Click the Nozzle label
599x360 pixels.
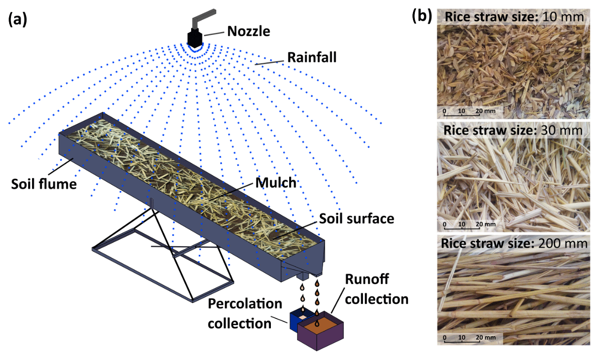(x=248, y=31)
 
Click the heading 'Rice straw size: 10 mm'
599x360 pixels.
(x=514, y=17)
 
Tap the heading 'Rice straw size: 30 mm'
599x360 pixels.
(x=513, y=130)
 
